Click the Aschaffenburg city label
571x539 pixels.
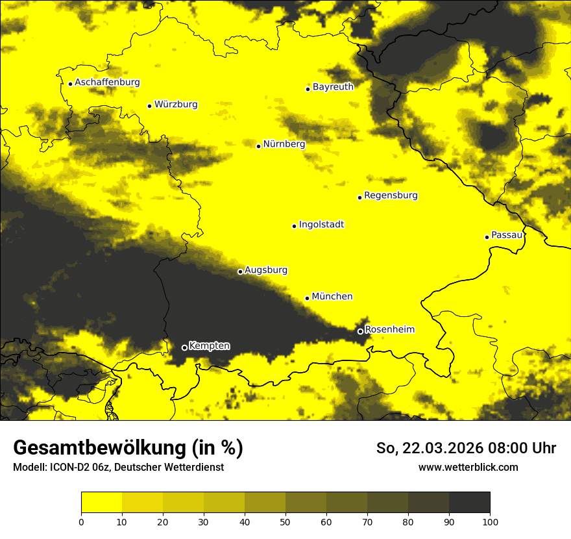(107, 82)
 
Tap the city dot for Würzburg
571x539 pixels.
(149, 106)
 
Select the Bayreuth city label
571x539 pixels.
(333, 86)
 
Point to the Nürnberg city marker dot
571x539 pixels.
(258, 146)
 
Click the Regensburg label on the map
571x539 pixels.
(391, 195)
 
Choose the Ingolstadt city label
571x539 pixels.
(321, 225)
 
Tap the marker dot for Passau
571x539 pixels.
(487, 237)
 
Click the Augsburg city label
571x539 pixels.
(266, 270)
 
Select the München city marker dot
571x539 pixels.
(307, 298)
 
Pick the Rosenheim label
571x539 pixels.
(389, 330)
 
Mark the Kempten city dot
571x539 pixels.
(184, 347)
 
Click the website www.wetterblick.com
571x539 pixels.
(468, 467)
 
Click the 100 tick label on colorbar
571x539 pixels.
(490, 521)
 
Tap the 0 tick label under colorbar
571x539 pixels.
(81, 521)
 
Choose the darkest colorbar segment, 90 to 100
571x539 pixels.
(469, 503)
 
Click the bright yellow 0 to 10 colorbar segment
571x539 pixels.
(101, 503)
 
